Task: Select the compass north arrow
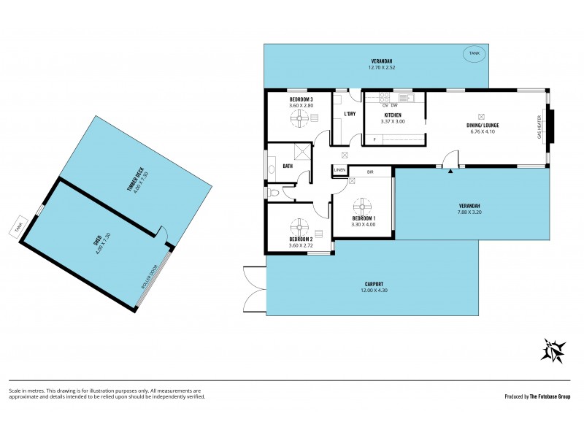(x=553, y=350)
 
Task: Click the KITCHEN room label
(x=393, y=115)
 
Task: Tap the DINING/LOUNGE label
(x=483, y=125)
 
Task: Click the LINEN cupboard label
(x=339, y=170)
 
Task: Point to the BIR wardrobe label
(x=370, y=172)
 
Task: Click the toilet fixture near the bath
(x=274, y=193)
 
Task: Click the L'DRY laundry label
(x=350, y=114)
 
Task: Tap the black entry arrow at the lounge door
(x=450, y=171)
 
